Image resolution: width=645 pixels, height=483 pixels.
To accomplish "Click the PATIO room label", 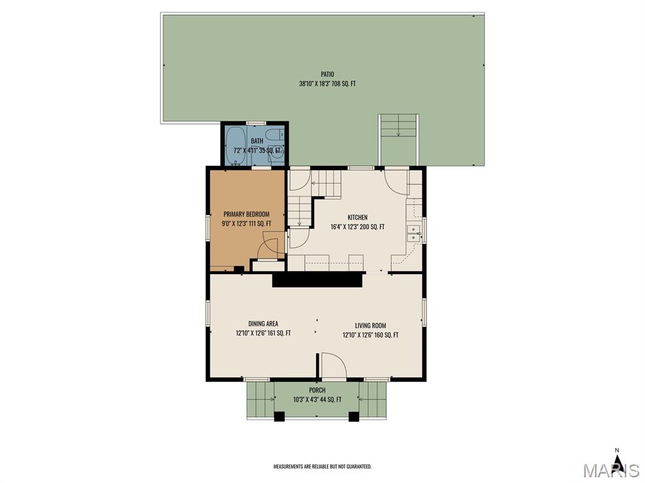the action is pyautogui.click(x=328, y=74).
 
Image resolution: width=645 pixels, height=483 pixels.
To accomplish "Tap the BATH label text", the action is pyautogui.click(x=257, y=141).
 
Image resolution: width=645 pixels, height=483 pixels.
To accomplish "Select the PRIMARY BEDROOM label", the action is pyautogui.click(x=246, y=214).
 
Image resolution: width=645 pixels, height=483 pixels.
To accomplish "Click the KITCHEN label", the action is pyautogui.click(x=358, y=217).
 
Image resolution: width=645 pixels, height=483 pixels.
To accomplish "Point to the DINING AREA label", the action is pyautogui.click(x=263, y=324).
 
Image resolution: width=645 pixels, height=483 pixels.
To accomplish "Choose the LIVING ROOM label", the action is pyautogui.click(x=370, y=326).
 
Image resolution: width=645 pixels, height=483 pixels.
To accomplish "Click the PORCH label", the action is pyautogui.click(x=317, y=390).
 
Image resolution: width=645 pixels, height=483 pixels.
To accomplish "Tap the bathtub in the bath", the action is pyautogui.click(x=236, y=145).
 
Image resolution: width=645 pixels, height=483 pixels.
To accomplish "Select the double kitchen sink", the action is pyautogui.click(x=413, y=234).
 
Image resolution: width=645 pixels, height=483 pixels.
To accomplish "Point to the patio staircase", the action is pyautogui.click(x=399, y=139).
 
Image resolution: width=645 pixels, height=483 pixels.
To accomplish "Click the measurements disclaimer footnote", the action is pyautogui.click(x=322, y=467).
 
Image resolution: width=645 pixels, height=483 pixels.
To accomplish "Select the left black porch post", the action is pyautogui.click(x=279, y=416).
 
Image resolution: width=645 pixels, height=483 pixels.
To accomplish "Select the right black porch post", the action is pyautogui.click(x=354, y=416).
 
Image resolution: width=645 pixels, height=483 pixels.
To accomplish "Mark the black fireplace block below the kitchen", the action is pyautogui.click(x=317, y=280).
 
